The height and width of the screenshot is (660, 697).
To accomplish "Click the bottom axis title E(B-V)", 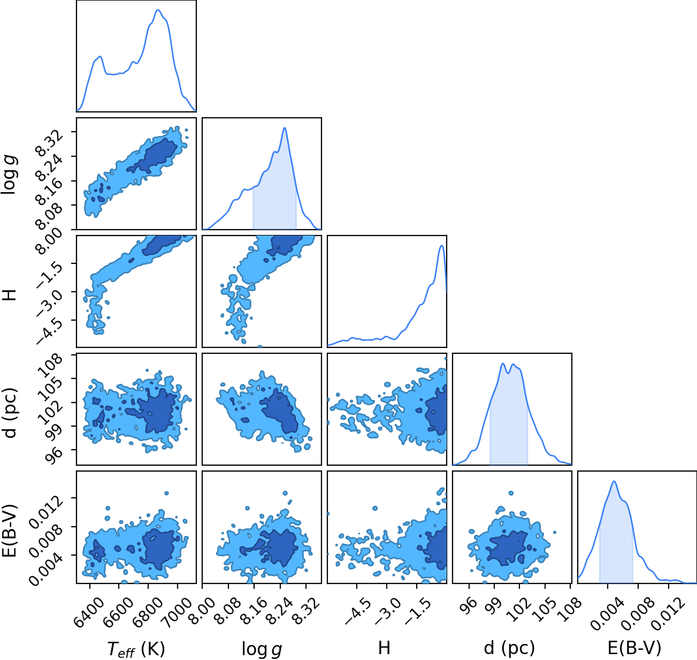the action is point(634,648).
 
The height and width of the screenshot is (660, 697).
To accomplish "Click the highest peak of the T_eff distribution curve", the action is point(158,10).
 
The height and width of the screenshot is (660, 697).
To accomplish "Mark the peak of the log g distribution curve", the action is point(285,128).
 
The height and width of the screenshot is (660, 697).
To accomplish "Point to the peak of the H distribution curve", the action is point(441,246).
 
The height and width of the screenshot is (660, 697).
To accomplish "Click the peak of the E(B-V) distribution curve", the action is point(614,481).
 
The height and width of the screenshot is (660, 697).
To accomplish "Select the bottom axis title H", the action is point(384,648).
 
